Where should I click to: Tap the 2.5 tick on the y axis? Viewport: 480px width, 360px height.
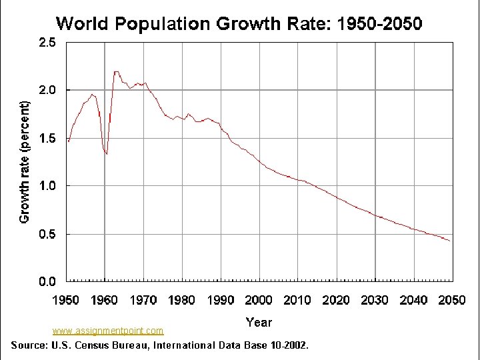coord(47,42)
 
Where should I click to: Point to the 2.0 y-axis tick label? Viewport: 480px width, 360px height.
coord(47,90)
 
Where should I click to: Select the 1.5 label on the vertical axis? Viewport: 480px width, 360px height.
coord(47,139)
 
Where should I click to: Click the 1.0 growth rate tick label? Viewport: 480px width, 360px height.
coord(47,186)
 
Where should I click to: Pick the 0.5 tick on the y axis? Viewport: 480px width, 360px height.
coord(47,234)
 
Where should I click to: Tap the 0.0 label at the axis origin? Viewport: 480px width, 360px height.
coord(47,281)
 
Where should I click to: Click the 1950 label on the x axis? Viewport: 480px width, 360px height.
coord(66,300)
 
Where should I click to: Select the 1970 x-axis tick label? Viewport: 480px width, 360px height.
coord(143,300)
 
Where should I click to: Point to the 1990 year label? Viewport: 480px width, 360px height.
coord(221,300)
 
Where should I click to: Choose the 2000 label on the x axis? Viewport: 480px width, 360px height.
coord(259,300)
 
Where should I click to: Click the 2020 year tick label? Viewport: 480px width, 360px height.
coord(336,300)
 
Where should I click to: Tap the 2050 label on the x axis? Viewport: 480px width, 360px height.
coord(452,300)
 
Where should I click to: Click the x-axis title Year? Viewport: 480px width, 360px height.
coord(259,323)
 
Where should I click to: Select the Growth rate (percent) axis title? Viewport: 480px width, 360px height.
coord(24,162)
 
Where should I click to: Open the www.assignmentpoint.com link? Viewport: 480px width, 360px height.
coord(108,331)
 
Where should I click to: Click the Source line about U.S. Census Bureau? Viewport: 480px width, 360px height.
coord(160,345)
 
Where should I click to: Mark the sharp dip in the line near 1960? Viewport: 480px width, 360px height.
coord(107,154)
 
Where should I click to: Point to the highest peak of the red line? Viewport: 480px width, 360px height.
coord(116,71)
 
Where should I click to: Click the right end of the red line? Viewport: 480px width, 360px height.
coord(450,241)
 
